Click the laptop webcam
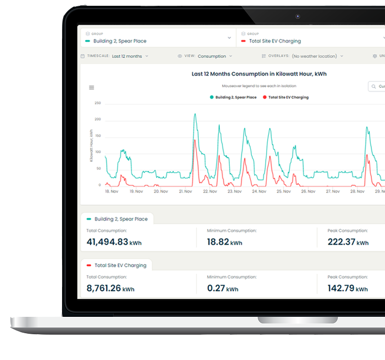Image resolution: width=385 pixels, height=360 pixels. point(298,16)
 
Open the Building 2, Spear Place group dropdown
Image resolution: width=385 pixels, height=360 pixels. point(158,38)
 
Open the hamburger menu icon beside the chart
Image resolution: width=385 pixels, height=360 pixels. point(92,87)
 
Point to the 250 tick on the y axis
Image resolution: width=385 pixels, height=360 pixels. point(97,103)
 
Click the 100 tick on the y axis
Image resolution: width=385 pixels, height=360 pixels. point(97,153)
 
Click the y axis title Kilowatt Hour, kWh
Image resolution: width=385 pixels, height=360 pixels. point(92,145)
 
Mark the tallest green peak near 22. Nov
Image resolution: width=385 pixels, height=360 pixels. point(195,114)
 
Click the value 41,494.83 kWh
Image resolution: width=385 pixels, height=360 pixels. point(114,242)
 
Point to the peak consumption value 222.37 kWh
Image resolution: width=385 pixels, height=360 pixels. point(348,242)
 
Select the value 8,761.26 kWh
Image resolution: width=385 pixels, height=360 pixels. point(110,288)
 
